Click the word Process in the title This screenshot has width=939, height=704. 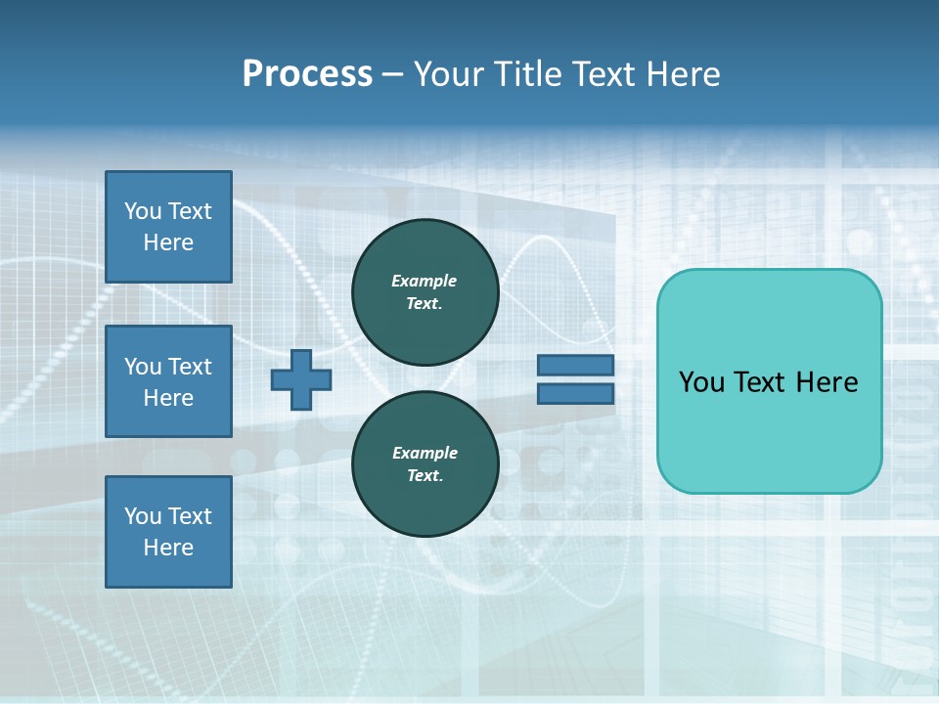(x=307, y=73)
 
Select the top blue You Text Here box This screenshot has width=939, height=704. (x=168, y=227)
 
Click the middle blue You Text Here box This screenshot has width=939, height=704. (x=168, y=381)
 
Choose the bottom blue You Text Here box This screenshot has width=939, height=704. (x=168, y=531)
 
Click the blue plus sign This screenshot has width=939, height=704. (x=301, y=379)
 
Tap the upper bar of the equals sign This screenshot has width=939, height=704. (x=575, y=365)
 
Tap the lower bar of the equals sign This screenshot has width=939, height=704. (x=575, y=393)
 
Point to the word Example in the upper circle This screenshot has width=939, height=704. (x=425, y=281)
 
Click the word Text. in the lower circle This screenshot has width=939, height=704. (x=425, y=475)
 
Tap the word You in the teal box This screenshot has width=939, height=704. (x=701, y=381)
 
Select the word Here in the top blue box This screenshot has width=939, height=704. (x=168, y=242)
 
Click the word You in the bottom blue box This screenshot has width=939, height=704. (x=143, y=515)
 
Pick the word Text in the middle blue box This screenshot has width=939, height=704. (x=189, y=367)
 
